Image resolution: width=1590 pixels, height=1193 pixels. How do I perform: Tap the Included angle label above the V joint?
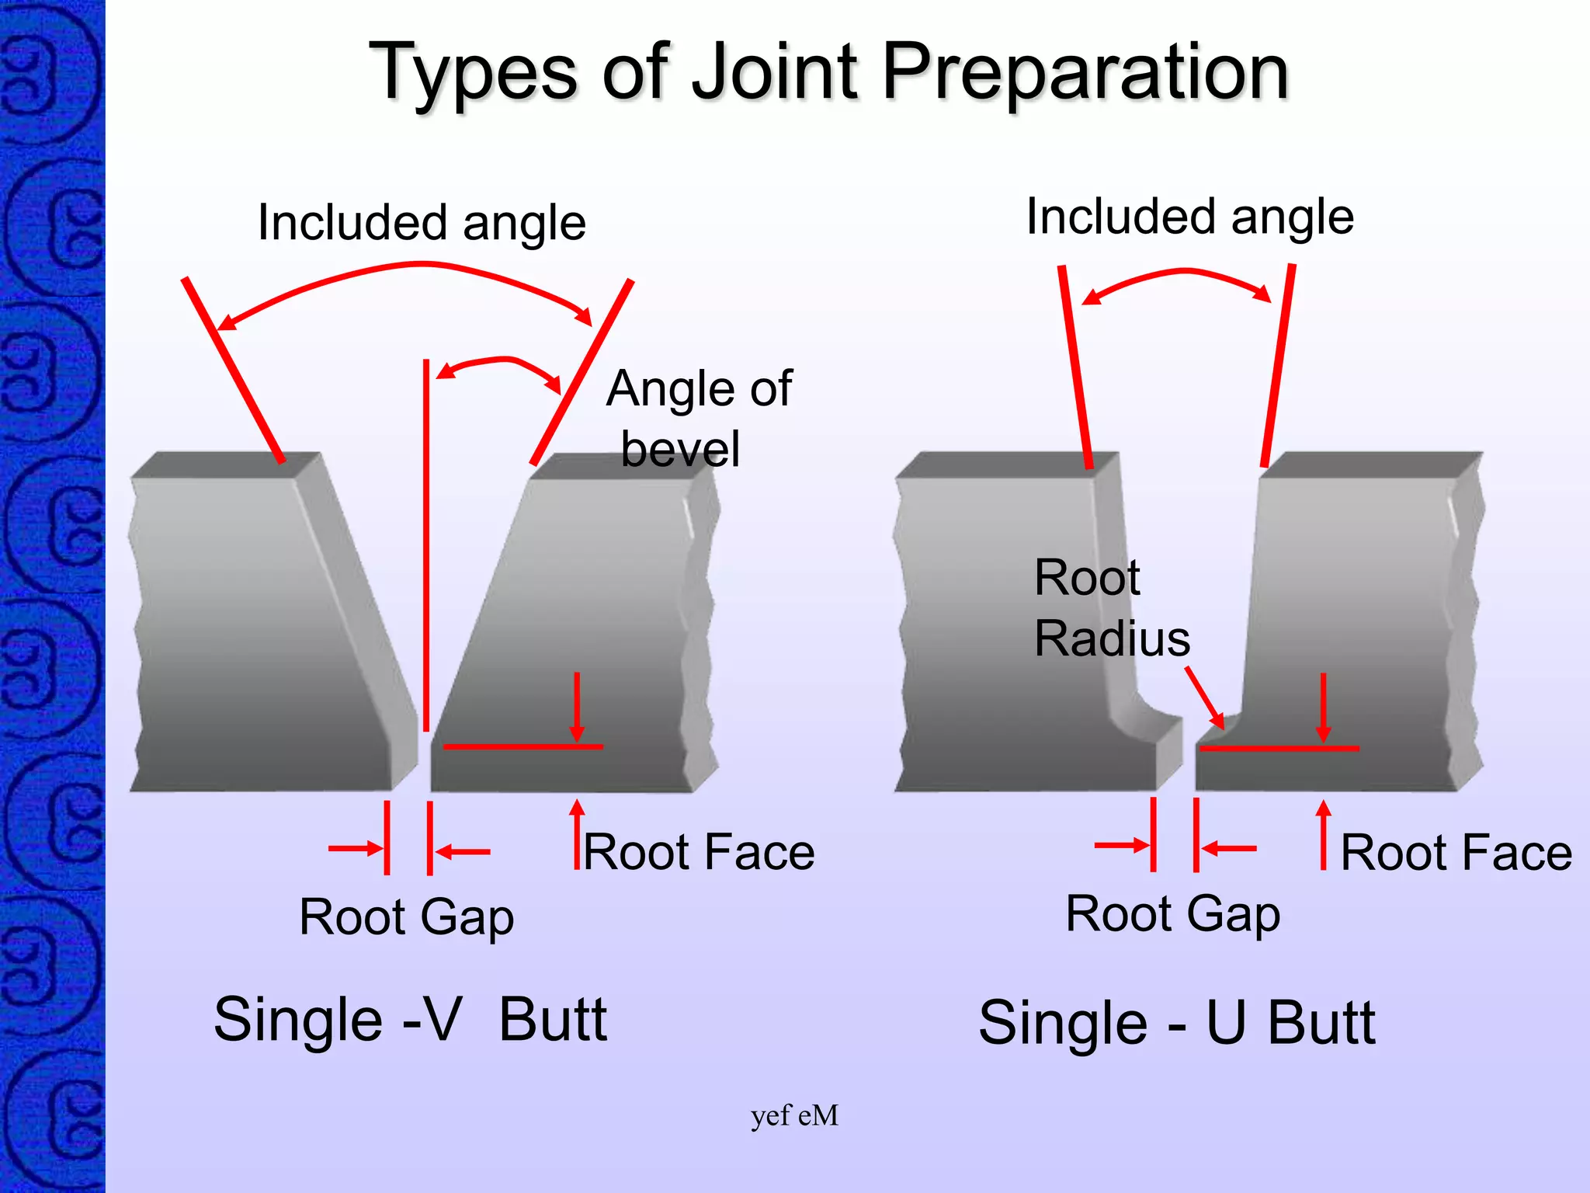pyautogui.click(x=421, y=223)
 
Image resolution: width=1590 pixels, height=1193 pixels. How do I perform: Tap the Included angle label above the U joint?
pyautogui.click(x=1189, y=217)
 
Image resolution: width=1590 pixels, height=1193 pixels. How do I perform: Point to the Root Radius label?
pyautogui.click(x=1110, y=608)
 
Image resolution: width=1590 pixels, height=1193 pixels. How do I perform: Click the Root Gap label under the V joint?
pyautogui.click(x=406, y=917)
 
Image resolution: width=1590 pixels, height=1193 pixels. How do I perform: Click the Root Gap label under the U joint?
pyautogui.click(x=1172, y=914)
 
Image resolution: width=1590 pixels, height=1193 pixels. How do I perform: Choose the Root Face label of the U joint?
pyautogui.click(x=1456, y=853)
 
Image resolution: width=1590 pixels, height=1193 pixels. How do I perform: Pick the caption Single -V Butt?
pyautogui.click(x=410, y=1019)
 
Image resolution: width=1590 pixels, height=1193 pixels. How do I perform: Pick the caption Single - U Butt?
pyautogui.click(x=1176, y=1023)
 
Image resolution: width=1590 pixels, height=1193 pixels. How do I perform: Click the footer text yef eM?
pyautogui.click(x=794, y=1115)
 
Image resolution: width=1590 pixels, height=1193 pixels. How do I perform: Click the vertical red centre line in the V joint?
pyautogui.click(x=426, y=544)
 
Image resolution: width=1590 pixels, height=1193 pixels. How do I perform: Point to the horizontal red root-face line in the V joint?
pyautogui.click(x=522, y=746)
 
